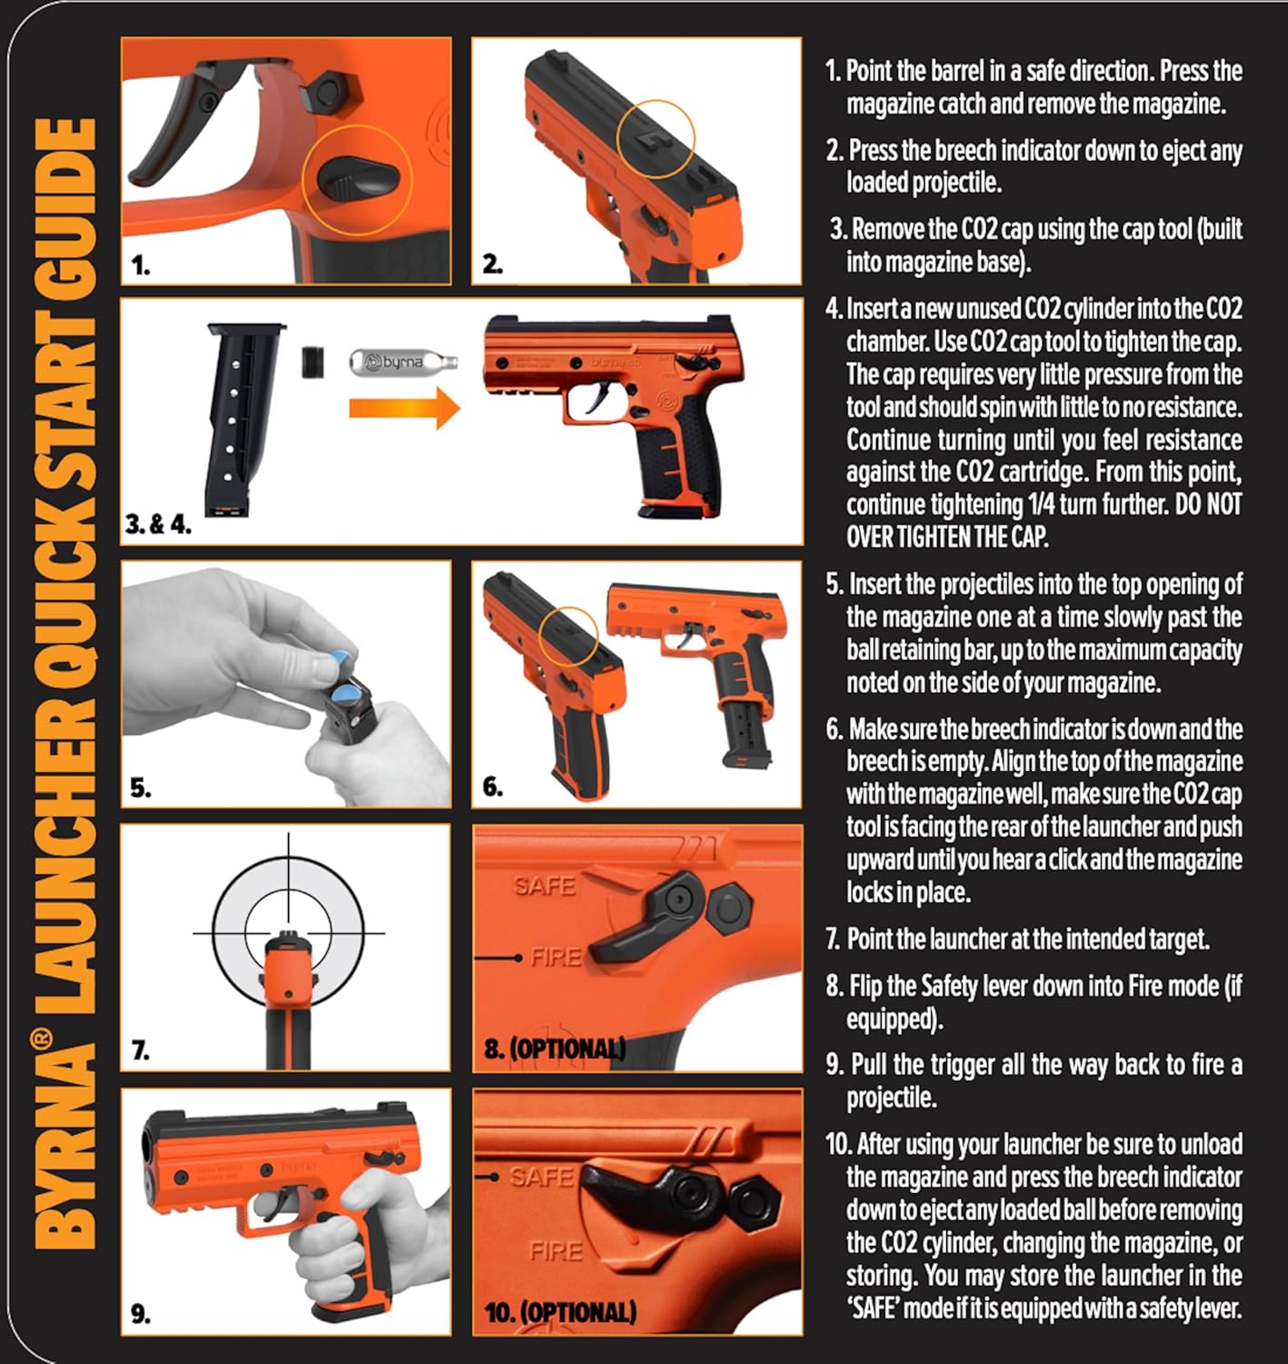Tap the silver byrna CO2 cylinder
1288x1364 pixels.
click(403, 362)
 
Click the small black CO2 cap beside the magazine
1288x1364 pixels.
click(313, 362)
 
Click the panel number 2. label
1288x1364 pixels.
click(493, 264)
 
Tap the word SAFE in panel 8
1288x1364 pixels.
click(544, 886)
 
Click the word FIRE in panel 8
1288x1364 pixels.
click(556, 957)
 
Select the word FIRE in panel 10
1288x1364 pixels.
click(556, 1251)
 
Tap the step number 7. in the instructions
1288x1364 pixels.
click(833, 938)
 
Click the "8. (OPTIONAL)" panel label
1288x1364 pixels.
click(554, 1048)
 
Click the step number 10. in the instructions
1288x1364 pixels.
click(838, 1144)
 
